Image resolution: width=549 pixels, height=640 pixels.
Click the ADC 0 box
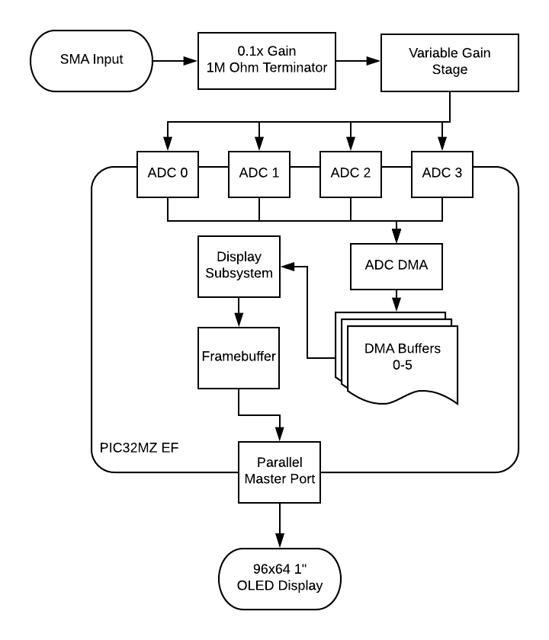click(168, 172)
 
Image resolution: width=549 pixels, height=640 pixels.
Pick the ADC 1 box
click(259, 172)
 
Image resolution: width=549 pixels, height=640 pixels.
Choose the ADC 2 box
click(351, 172)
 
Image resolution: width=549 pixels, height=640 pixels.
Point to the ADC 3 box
click(442, 172)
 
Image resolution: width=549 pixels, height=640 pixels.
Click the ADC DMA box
click(396, 266)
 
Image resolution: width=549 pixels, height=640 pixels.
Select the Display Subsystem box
click(239, 266)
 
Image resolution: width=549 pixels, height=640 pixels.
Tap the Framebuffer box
click(239, 357)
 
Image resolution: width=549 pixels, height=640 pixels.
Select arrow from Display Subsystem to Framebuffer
click(239, 312)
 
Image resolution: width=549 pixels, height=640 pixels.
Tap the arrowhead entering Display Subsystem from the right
click(287, 267)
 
